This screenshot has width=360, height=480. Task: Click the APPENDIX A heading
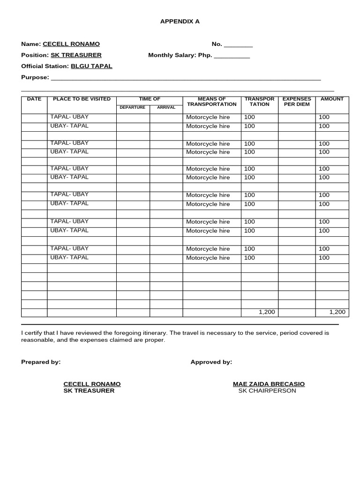click(x=180, y=22)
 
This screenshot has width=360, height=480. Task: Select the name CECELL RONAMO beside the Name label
click(x=71, y=44)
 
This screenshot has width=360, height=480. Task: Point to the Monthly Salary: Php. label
click(x=180, y=55)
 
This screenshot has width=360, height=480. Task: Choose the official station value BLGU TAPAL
click(x=91, y=66)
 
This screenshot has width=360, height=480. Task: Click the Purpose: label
click(x=35, y=77)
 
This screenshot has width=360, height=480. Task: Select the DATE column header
click(x=34, y=99)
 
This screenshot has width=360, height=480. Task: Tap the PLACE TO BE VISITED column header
click(x=82, y=99)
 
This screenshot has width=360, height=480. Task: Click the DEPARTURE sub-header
click(x=133, y=107)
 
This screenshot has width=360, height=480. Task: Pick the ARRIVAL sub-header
click(x=166, y=107)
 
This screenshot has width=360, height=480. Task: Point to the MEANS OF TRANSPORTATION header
click(x=212, y=102)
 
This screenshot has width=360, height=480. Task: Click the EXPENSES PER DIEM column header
click(x=297, y=102)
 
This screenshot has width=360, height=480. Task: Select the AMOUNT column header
click(x=332, y=99)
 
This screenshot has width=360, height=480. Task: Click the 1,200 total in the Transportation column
click(x=267, y=312)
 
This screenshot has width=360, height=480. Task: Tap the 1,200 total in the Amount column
click(x=337, y=312)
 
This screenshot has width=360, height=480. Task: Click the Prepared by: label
click(x=41, y=362)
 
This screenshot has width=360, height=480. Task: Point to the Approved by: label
click(x=211, y=362)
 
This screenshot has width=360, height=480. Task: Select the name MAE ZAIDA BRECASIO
click(x=269, y=384)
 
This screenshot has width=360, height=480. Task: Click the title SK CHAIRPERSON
click(x=267, y=391)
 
